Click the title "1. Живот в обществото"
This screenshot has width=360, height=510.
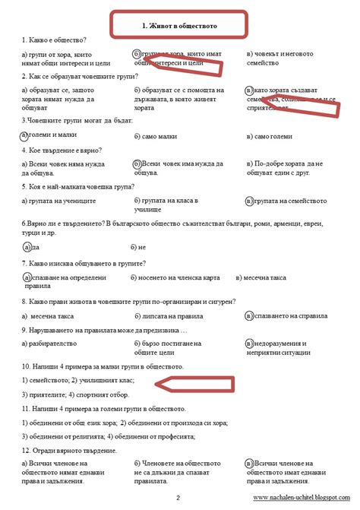pyautogui.click(x=179, y=25)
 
